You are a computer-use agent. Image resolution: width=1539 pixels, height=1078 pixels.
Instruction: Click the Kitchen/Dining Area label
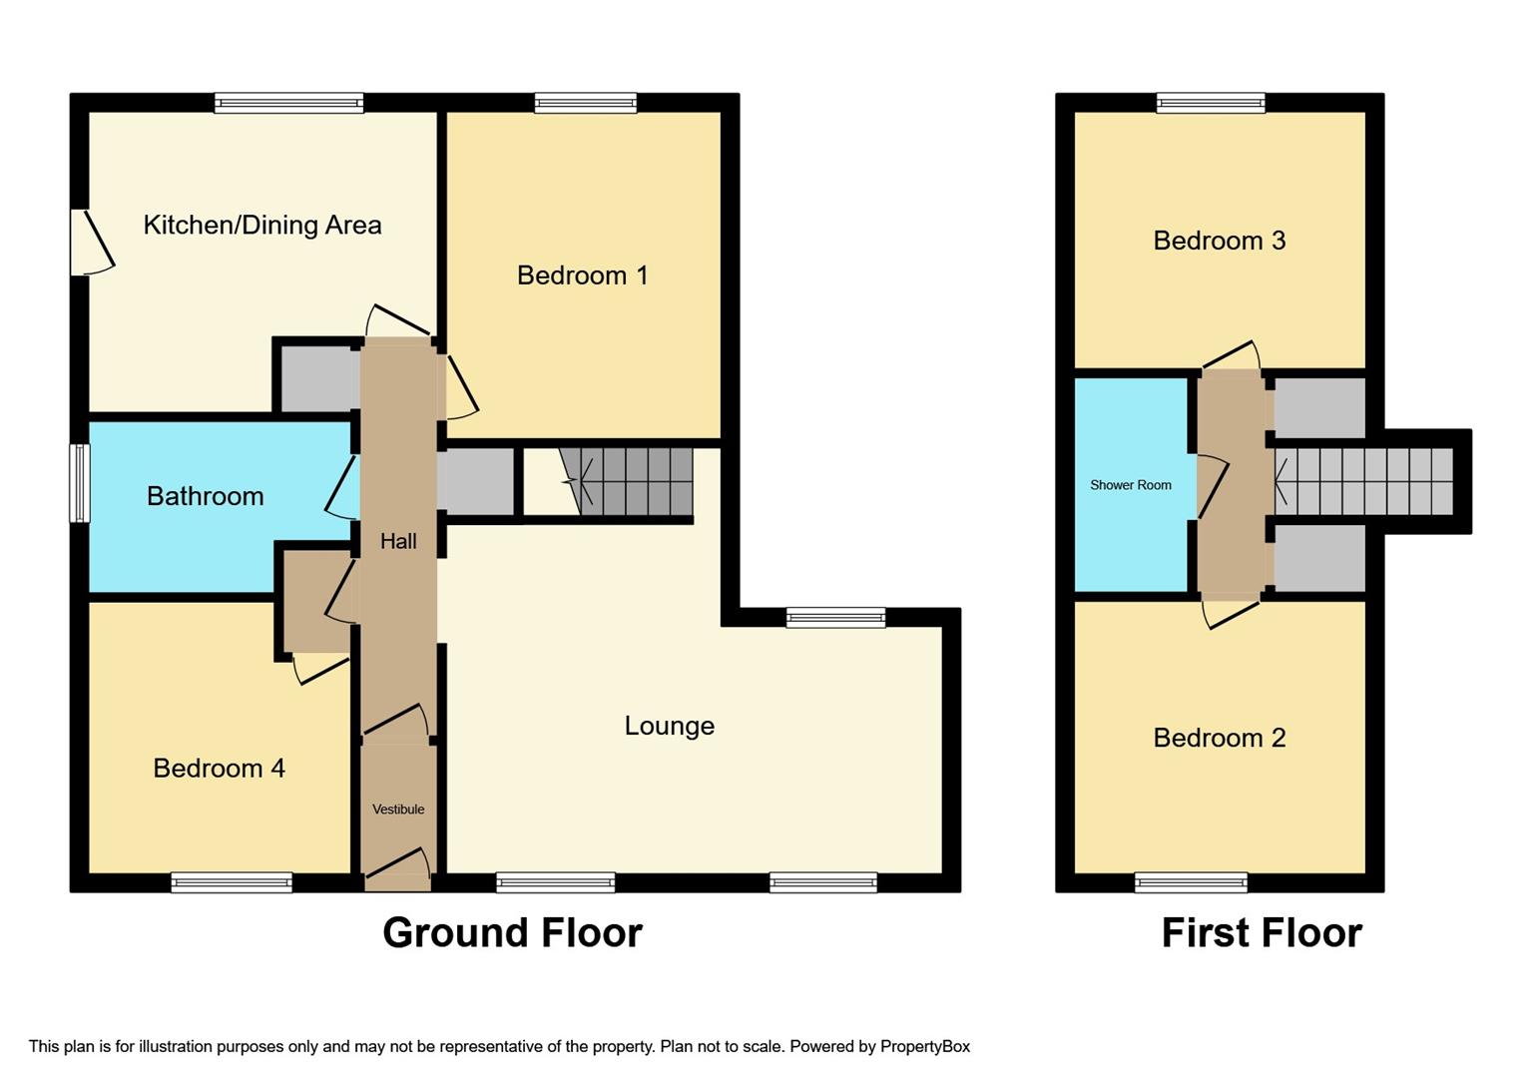[262, 225]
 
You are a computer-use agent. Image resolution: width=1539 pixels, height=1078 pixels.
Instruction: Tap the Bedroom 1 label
[582, 275]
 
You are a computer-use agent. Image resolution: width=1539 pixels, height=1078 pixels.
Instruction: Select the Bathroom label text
[205, 496]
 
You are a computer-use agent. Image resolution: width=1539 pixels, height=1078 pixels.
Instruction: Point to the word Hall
[398, 541]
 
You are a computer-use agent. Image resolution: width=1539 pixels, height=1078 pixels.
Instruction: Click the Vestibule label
[398, 809]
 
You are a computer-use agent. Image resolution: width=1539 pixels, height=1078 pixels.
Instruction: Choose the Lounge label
[669, 726]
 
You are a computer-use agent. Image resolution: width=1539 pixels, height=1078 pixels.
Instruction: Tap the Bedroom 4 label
[219, 768]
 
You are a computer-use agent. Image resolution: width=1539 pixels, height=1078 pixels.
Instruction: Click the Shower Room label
[1130, 485]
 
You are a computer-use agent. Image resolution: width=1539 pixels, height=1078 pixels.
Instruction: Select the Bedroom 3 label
[1219, 241]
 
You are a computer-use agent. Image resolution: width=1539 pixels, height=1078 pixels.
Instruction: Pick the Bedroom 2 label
[1219, 738]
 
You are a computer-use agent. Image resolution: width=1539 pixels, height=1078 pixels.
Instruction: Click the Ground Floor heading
[512, 932]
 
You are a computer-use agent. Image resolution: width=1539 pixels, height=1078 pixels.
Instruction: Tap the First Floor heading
[1261, 932]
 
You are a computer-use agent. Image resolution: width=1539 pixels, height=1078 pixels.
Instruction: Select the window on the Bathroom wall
[79, 483]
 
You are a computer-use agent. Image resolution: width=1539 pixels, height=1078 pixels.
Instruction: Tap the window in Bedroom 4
[232, 882]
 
